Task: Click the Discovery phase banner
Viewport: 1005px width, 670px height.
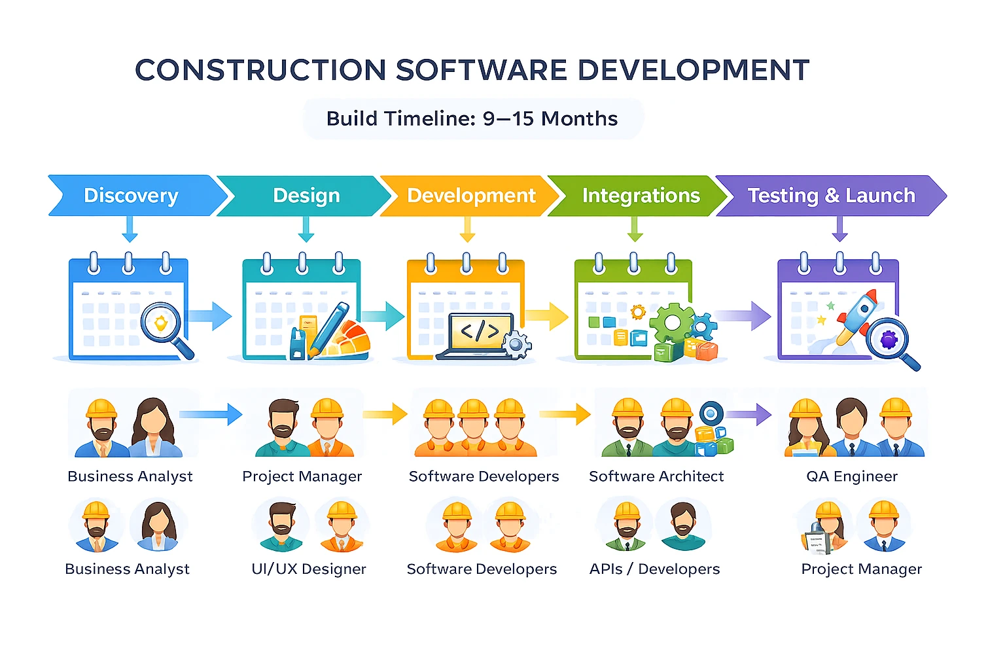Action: pos(132,196)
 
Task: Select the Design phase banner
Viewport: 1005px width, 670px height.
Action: pos(306,196)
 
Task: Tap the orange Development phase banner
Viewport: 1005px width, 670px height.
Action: pos(471,196)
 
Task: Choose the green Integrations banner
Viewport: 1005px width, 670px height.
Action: pos(641,196)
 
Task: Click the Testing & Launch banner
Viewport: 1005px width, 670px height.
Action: pos(831,196)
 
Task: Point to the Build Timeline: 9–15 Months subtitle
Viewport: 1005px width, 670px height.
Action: pos(472,118)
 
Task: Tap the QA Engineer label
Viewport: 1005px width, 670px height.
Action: pos(852,476)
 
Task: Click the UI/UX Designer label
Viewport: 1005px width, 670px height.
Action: pos(309,569)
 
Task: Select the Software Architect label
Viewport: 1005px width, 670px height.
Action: pos(656,476)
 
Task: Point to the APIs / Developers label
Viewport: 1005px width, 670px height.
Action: pos(654,569)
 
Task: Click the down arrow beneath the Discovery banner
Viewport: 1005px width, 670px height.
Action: pos(130,230)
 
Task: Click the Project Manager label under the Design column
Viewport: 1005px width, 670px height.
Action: pos(302,476)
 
